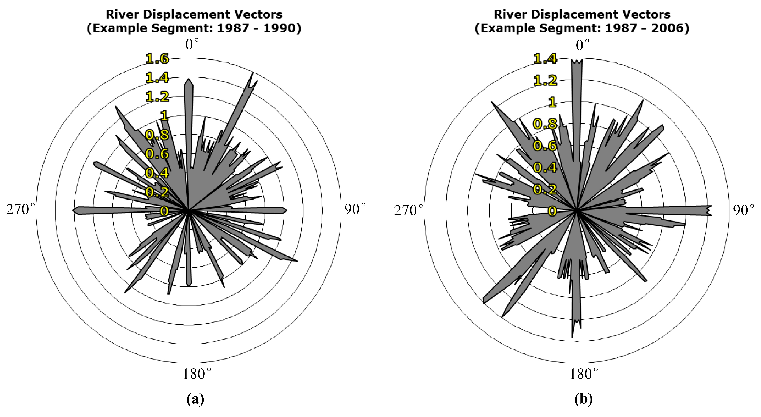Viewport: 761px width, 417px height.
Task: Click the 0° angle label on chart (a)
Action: pos(192,44)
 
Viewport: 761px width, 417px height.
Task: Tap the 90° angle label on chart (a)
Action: pos(355,209)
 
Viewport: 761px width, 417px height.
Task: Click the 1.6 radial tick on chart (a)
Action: pos(157,59)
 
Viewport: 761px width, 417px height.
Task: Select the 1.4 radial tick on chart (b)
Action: pos(545,59)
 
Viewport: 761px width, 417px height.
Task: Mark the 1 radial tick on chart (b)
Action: pos(552,102)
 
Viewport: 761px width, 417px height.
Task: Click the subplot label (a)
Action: pos(195,399)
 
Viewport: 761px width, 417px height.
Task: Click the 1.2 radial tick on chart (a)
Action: pos(157,97)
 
